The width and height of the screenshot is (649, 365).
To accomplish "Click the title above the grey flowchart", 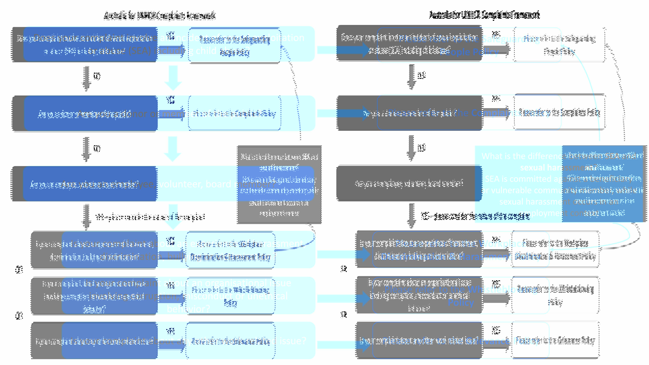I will [484, 15].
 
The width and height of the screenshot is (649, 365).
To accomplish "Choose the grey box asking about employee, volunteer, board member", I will [409, 183].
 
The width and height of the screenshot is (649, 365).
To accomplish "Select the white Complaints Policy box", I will [559, 112].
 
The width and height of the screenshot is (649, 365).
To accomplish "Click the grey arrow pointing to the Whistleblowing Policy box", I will [496, 298].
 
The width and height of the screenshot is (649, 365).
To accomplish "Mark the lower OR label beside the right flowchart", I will [344, 314].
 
